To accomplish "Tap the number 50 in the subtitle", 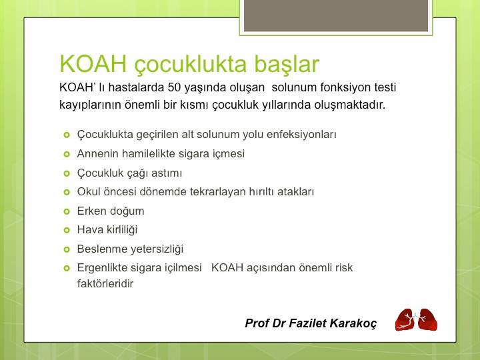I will [175, 88].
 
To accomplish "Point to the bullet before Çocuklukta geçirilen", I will [66, 135].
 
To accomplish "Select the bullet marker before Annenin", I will [66, 154].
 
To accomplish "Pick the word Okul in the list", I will [89, 191].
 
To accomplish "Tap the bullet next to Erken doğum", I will [66, 211].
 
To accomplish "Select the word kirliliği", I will [119, 229].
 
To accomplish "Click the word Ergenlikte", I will [103, 267].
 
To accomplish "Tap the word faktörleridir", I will [105, 283].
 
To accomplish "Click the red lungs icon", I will [416, 320].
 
